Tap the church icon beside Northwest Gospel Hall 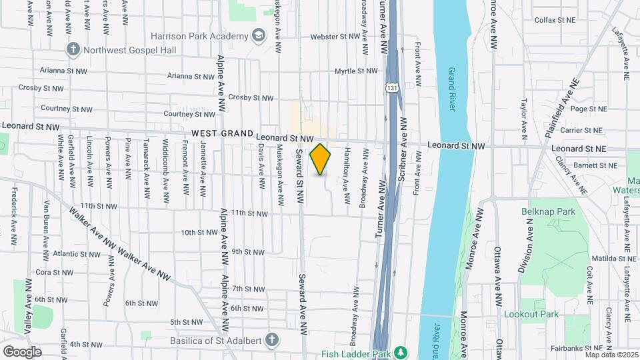(x=73, y=49)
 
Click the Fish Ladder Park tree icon (x=400, y=352)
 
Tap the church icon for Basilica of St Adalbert (x=271, y=340)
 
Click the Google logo (x=22, y=351)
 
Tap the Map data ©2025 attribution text (x=611, y=355)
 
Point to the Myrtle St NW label (x=355, y=71)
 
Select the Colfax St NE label (x=555, y=20)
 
